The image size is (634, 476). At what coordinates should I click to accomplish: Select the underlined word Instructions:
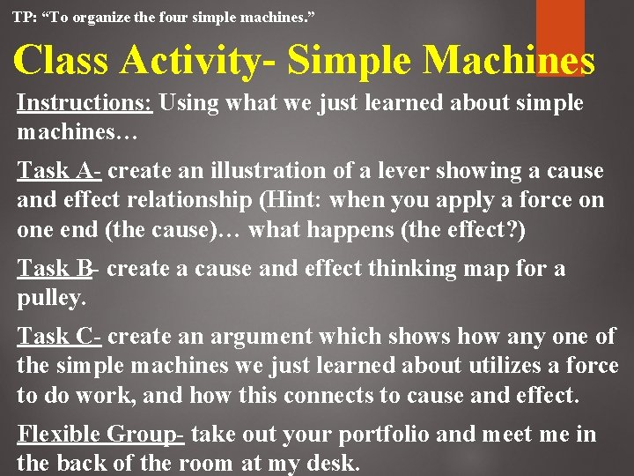click(x=85, y=103)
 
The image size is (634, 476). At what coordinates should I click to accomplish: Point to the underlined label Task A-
click(x=59, y=170)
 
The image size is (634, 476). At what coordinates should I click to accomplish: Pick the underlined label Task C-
click(x=60, y=336)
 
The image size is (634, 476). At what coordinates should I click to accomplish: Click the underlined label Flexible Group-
click(x=100, y=434)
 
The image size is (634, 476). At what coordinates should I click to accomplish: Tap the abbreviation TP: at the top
click(x=25, y=16)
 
